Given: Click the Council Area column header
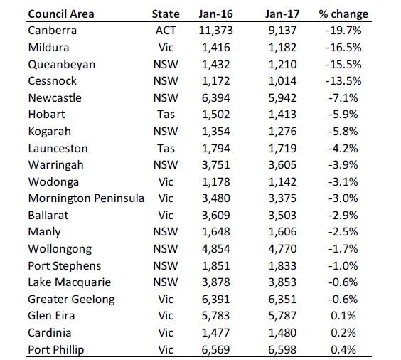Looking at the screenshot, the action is (x=61, y=14).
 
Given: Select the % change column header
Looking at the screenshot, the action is (x=343, y=14).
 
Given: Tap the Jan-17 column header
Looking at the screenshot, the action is (x=282, y=14).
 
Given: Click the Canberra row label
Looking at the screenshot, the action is (x=52, y=31).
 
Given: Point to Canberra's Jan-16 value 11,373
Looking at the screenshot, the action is (x=216, y=31).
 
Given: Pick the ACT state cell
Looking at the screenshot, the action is (x=166, y=31).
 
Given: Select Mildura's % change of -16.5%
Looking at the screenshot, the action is (x=343, y=48).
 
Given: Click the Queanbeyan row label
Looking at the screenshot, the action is (x=62, y=65).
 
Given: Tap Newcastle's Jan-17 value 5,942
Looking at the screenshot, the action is (x=282, y=97).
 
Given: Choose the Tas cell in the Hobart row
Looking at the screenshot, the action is (x=166, y=115).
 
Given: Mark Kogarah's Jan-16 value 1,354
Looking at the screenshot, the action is (x=216, y=131).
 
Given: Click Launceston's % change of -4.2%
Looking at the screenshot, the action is (x=343, y=148).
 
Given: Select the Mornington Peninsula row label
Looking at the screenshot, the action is (x=86, y=198).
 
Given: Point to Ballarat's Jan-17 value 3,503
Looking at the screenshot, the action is (x=282, y=215).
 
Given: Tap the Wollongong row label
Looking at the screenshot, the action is (x=60, y=249).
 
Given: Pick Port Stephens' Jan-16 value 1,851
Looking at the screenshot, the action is (x=216, y=265).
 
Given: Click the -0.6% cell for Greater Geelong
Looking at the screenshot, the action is (x=343, y=299).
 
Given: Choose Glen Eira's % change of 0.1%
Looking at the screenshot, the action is (x=343, y=315).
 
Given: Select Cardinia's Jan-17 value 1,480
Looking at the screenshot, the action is (x=282, y=333).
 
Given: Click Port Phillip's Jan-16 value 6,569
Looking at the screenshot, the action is (x=216, y=349).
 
